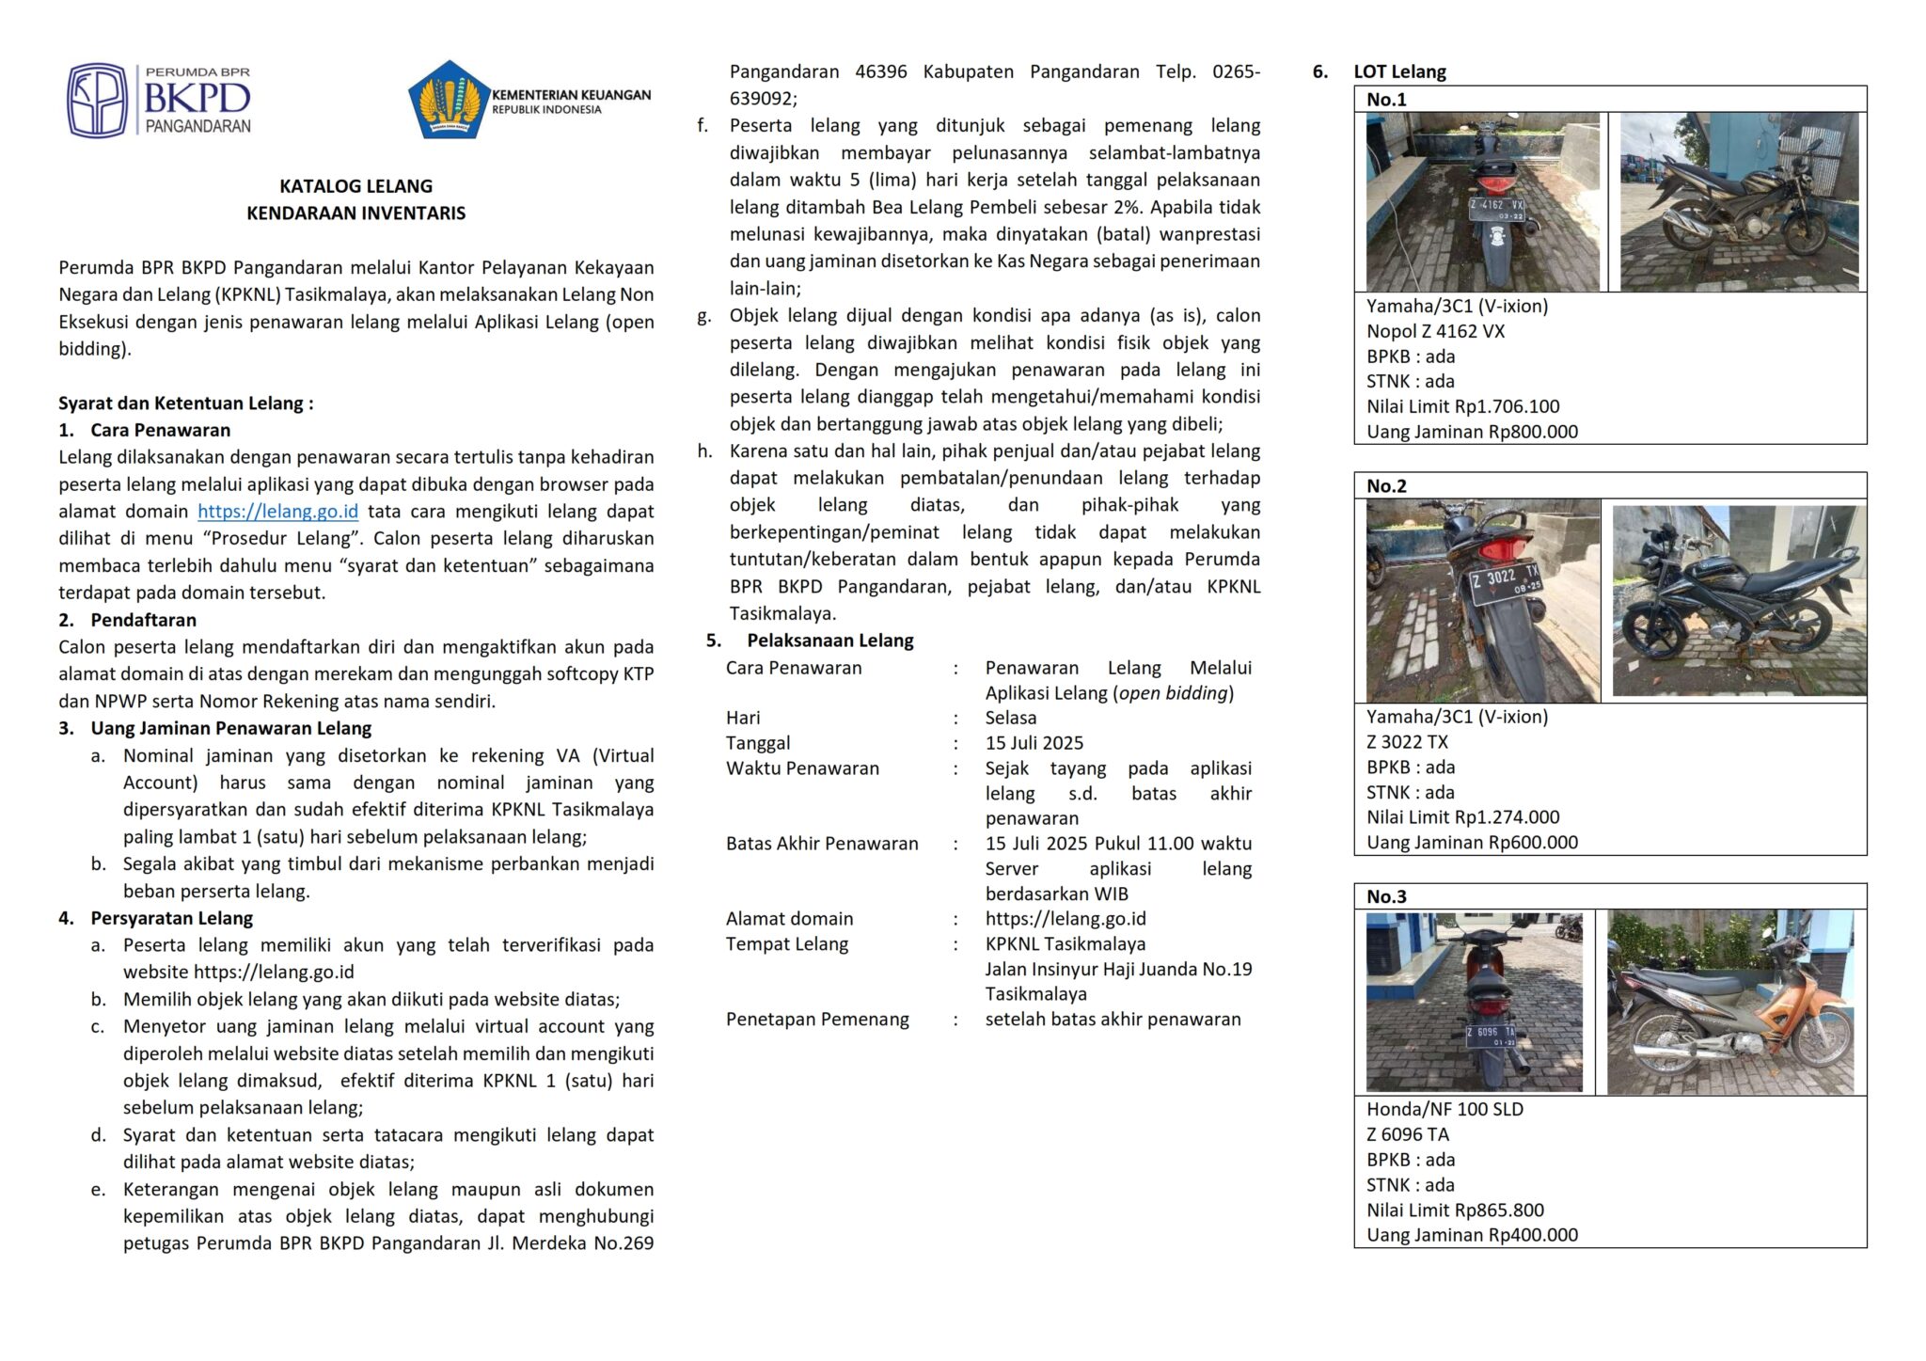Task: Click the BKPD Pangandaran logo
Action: click(x=158, y=101)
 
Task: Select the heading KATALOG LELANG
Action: click(x=355, y=186)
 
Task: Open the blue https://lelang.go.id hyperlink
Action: click(x=277, y=512)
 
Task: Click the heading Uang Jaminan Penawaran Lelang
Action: click(x=230, y=728)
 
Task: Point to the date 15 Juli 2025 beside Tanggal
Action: click(x=1034, y=743)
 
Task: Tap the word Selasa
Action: click(x=1010, y=718)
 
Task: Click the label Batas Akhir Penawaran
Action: click(x=821, y=844)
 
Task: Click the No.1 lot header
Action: click(x=1386, y=100)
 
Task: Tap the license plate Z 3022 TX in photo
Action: click(x=1505, y=580)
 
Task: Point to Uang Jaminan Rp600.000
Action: click(x=1472, y=843)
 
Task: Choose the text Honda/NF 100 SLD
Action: click(x=1444, y=1110)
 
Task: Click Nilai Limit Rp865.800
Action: click(x=1455, y=1211)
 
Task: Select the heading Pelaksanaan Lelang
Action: click(x=829, y=641)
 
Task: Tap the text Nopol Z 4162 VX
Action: click(x=1435, y=331)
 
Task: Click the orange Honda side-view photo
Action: click(x=1730, y=1003)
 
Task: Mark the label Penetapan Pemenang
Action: click(x=816, y=1020)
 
